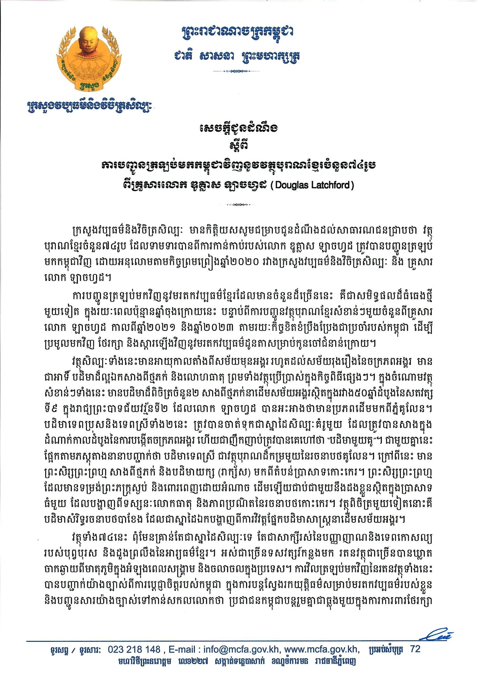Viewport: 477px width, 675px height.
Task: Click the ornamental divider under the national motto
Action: point(238,71)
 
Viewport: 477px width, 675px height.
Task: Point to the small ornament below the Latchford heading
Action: point(238,205)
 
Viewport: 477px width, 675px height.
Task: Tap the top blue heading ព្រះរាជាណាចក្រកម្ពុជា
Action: point(238,32)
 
